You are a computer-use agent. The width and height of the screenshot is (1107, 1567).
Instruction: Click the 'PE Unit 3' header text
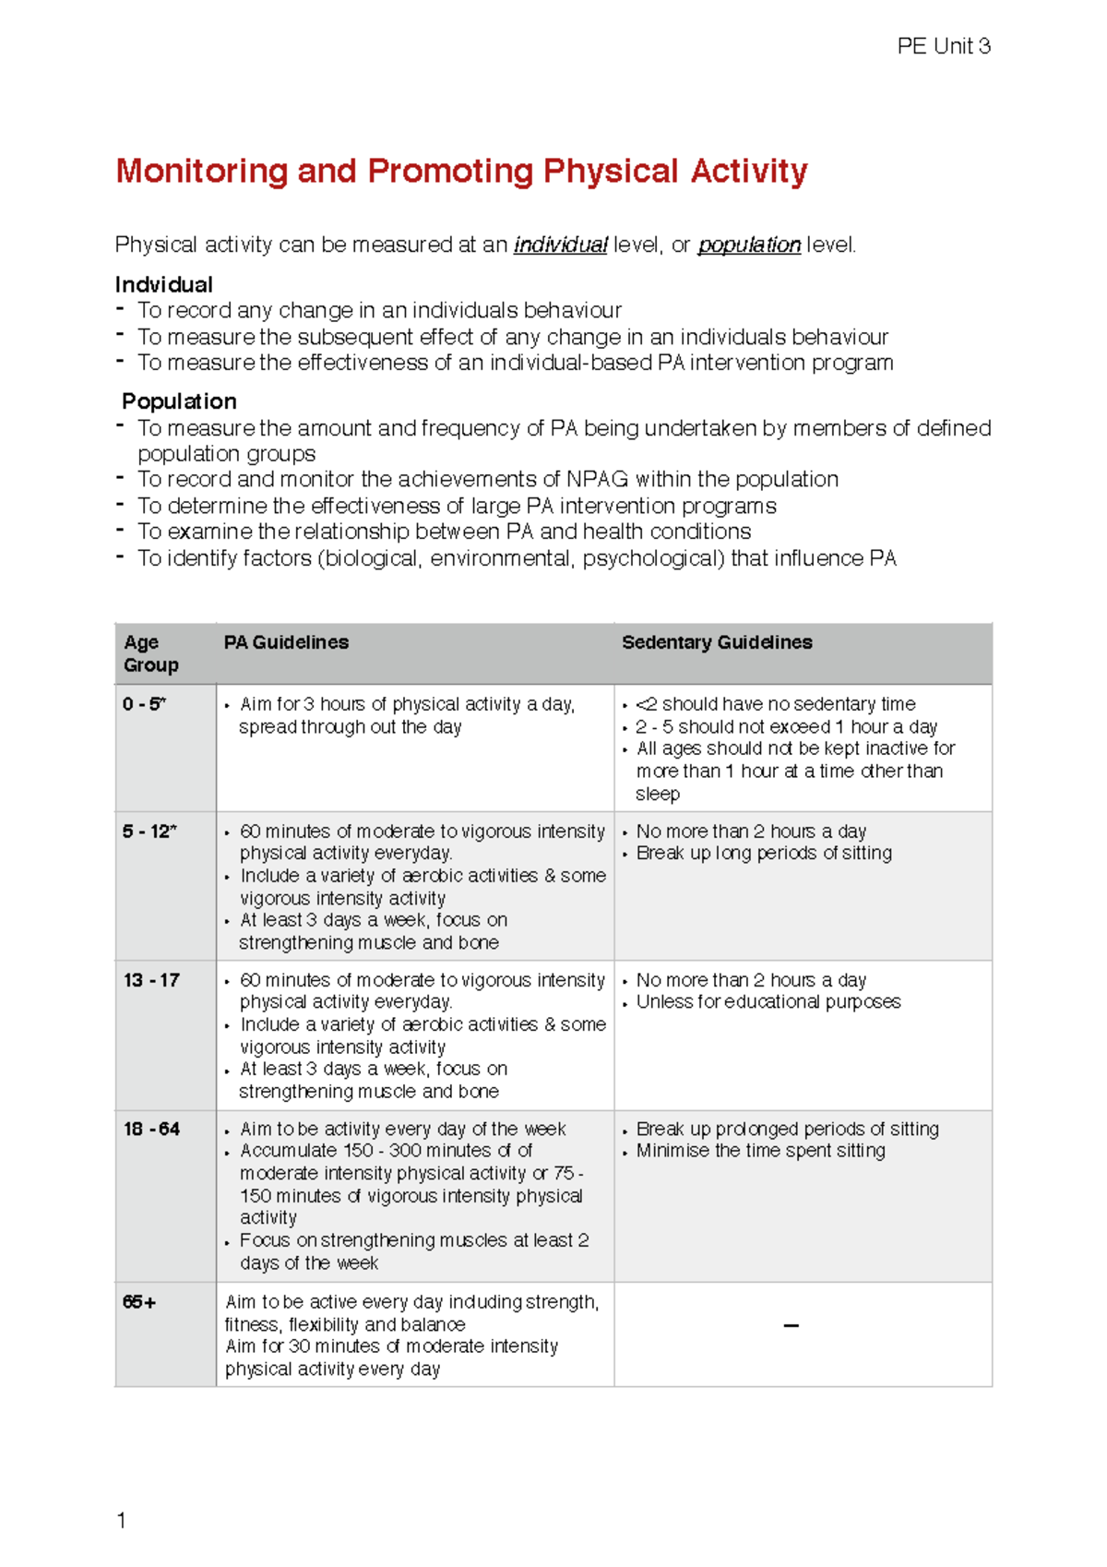tap(943, 46)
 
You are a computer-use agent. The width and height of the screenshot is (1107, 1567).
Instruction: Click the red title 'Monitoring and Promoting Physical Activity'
tap(461, 172)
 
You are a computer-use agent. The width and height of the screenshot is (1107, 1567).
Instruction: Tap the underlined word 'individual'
tap(560, 245)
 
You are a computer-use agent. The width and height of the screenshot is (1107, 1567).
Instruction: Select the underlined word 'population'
tap(748, 245)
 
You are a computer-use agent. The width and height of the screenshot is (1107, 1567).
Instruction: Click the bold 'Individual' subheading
tap(164, 284)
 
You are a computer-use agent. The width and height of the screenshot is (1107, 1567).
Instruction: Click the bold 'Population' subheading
tap(179, 401)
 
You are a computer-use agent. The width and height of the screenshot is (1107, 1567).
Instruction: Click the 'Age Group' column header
tap(150, 653)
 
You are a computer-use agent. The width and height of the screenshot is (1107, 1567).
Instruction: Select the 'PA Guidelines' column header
tap(286, 642)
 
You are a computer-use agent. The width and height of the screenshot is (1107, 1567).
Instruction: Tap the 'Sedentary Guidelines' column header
tap(717, 642)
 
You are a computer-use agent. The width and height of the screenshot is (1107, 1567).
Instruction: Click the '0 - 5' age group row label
tap(144, 704)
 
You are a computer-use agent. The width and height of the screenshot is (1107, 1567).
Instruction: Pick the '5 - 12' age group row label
tap(149, 831)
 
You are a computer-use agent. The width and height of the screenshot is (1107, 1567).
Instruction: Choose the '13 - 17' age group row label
tap(151, 980)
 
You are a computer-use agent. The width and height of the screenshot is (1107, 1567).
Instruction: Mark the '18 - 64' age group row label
tap(151, 1129)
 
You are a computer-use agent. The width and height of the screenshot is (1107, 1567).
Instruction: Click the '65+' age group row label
tap(139, 1302)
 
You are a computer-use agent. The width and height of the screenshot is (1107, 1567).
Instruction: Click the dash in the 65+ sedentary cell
tap(791, 1326)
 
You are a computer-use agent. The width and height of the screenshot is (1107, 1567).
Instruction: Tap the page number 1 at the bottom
tap(121, 1520)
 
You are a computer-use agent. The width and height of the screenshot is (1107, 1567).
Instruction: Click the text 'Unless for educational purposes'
tap(768, 1002)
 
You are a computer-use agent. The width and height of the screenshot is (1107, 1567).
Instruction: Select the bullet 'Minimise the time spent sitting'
tap(760, 1151)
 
